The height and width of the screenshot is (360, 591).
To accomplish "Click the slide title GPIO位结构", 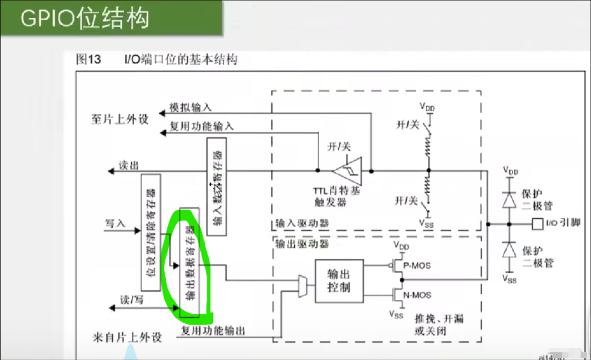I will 85,19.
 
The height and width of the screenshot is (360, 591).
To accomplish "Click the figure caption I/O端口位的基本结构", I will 181,60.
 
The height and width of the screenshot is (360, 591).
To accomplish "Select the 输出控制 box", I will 339,280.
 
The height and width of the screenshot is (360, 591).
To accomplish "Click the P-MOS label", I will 416,266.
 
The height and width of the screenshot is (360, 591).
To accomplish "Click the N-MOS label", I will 416,295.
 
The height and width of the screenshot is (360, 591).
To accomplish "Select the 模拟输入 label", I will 190,107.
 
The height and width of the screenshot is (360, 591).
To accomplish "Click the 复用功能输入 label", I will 201,126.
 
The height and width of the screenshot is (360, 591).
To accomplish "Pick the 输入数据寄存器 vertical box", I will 217,187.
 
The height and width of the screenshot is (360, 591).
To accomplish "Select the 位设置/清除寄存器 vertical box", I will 150,233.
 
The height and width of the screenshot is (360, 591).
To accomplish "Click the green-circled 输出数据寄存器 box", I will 189,263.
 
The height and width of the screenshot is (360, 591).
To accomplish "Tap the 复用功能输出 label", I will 213,330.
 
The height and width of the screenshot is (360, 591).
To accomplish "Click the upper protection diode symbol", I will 509,200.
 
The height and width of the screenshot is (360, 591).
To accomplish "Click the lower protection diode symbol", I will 509,249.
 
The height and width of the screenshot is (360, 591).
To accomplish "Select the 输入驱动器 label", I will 296,224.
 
